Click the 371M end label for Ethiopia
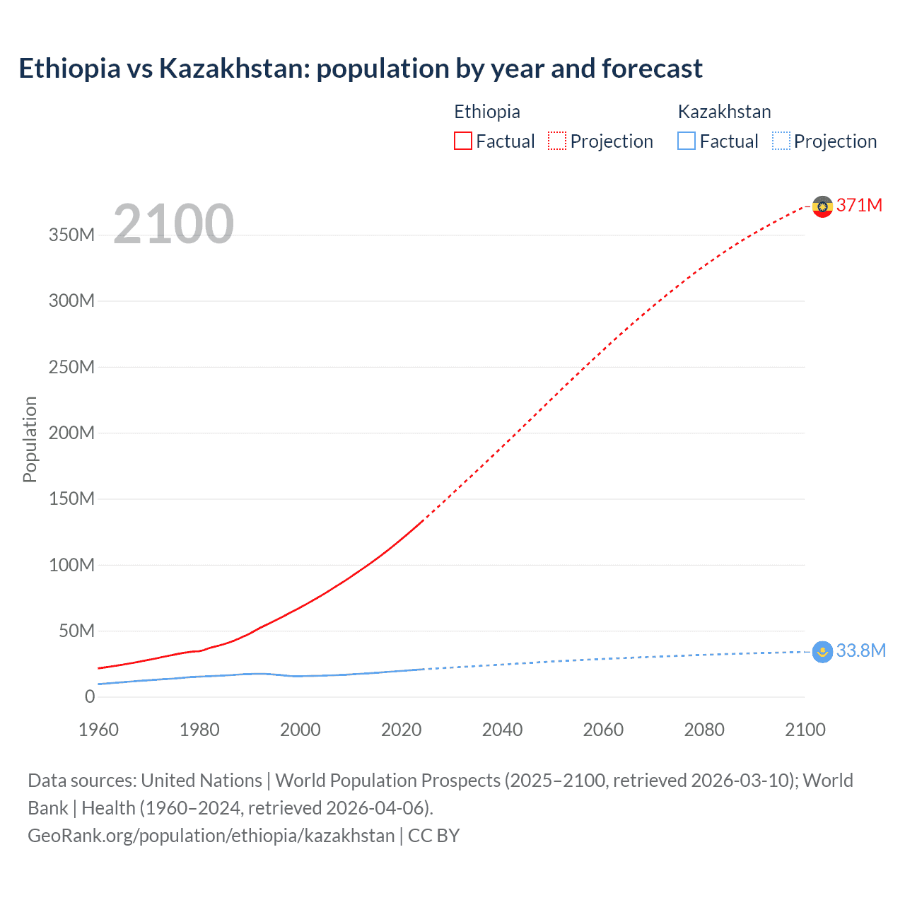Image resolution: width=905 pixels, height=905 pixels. [x=859, y=205]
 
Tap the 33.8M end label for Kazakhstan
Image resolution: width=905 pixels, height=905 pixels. [x=860, y=650]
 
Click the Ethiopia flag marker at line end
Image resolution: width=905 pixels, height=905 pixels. [x=822, y=206]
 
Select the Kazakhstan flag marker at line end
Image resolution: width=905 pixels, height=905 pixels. [x=822, y=651]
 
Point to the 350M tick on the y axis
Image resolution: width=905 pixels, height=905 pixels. [x=71, y=235]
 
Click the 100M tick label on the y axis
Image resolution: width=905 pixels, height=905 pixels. [x=71, y=565]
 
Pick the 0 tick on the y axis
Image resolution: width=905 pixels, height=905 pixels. [x=90, y=696]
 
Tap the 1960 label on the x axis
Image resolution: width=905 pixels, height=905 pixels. [x=98, y=730]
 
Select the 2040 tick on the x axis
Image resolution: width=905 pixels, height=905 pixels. [x=502, y=730]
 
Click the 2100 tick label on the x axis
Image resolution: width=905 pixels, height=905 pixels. [x=805, y=730]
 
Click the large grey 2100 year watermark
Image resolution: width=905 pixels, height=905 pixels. [x=173, y=224]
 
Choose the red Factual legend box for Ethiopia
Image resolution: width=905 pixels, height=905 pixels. [x=463, y=141]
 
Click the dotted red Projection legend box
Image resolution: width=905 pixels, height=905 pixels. [x=557, y=141]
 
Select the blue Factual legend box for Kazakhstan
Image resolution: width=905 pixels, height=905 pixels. [x=687, y=141]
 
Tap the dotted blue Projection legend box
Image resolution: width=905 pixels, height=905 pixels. [x=781, y=141]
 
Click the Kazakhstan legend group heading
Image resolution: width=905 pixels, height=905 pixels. [x=724, y=112]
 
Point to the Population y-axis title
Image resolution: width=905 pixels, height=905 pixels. [x=30, y=439]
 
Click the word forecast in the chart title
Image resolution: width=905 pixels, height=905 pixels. [x=652, y=69]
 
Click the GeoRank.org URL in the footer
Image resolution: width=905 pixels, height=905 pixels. [x=211, y=835]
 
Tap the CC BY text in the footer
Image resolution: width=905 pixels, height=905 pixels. [x=433, y=835]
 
